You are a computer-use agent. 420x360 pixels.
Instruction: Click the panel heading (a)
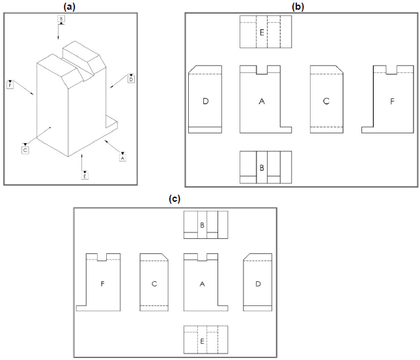tap(70, 5)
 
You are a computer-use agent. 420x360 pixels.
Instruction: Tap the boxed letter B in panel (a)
tap(61, 20)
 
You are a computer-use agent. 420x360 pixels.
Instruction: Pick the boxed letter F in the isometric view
tap(10, 84)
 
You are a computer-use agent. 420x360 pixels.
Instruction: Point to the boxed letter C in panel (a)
tap(25, 150)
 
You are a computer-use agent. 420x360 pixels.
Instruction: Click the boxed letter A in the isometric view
tap(122, 157)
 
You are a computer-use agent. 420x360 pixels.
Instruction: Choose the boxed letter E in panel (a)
tap(85, 176)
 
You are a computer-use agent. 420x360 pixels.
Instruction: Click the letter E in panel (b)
tap(262, 31)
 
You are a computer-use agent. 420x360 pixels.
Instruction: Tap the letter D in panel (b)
tap(205, 101)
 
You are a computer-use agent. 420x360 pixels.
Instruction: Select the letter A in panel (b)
tap(261, 101)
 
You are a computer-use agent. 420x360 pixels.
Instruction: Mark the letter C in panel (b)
tap(326, 101)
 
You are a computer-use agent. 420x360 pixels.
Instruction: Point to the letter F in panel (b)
tap(391, 101)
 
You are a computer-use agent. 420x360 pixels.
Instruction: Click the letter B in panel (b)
tap(262, 167)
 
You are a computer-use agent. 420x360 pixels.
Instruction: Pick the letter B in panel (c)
tap(203, 225)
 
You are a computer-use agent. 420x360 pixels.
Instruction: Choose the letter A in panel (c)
tap(202, 284)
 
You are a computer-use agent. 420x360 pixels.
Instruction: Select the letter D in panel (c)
tap(259, 284)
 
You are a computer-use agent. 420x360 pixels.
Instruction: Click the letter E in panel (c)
tap(203, 340)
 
